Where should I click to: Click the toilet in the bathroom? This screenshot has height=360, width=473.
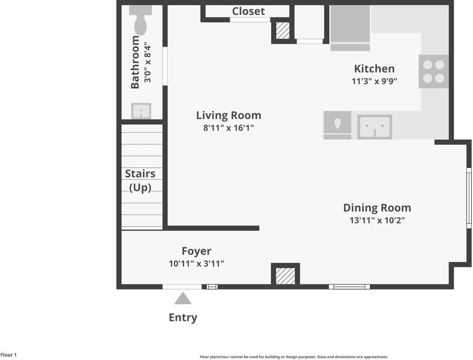pyautogui.click(x=140, y=20)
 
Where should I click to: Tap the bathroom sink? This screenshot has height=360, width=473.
pyautogui.click(x=141, y=111)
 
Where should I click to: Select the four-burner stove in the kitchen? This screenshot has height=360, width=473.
pyautogui.click(x=433, y=71)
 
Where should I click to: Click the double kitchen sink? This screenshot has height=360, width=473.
pyautogui.click(x=375, y=127)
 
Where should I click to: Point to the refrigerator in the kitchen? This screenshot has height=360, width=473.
pyautogui.click(x=350, y=28)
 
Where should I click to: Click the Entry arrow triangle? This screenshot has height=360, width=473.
pyautogui.click(x=183, y=298)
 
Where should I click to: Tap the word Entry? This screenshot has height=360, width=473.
pyautogui.click(x=183, y=318)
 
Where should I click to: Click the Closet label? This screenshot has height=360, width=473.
pyautogui.click(x=248, y=11)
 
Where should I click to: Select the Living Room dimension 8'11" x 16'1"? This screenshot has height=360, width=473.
pyautogui.click(x=228, y=128)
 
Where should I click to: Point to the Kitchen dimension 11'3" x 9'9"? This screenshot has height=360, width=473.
pyautogui.click(x=374, y=81)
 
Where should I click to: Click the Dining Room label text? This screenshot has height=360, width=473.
pyautogui.click(x=377, y=208)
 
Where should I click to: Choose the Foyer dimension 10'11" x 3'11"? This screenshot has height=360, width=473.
pyautogui.click(x=197, y=263)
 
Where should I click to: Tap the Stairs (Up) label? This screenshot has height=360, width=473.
pyautogui.click(x=140, y=181)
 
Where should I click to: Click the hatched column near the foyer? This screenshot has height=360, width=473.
pyautogui.click(x=285, y=275)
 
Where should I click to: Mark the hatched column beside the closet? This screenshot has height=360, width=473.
pyautogui.click(x=283, y=30)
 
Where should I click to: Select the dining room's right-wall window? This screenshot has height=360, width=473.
pyautogui.click(x=469, y=198)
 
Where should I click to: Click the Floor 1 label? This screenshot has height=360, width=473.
pyautogui.click(x=8, y=355)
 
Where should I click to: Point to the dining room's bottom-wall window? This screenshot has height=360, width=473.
pyautogui.click(x=350, y=287)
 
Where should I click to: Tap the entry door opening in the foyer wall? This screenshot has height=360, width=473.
pyautogui.click(x=182, y=287)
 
